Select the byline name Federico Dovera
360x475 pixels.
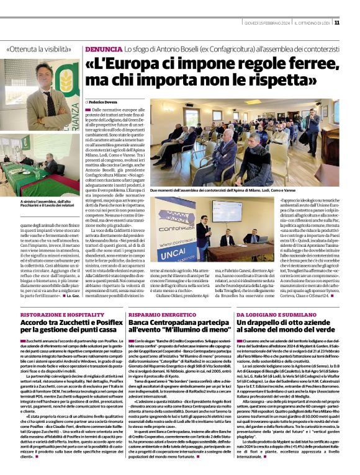click(x=103, y=101)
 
